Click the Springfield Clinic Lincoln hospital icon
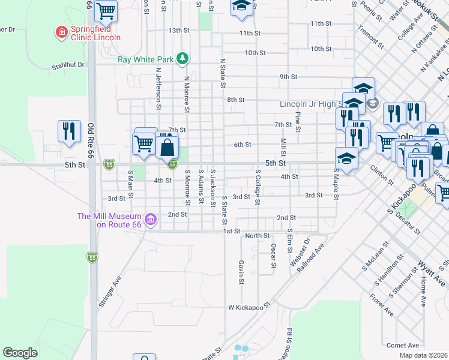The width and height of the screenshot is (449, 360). coord(61,31)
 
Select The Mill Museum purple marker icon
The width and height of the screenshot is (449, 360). coord(151,220)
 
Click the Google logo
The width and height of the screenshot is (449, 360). coord(20,353)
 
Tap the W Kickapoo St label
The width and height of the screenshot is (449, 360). coord(249,307)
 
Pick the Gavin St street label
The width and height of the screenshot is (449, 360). coord(241,272)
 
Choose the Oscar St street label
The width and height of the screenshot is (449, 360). coord(273,256)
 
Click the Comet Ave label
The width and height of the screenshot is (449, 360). coord(403,345)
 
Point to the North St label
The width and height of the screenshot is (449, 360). coord(257,236)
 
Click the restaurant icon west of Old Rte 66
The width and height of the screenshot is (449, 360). coord(69,131)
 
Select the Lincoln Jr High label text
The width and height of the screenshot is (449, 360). coord(310,104)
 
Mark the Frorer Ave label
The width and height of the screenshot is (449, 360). coord(381,304)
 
